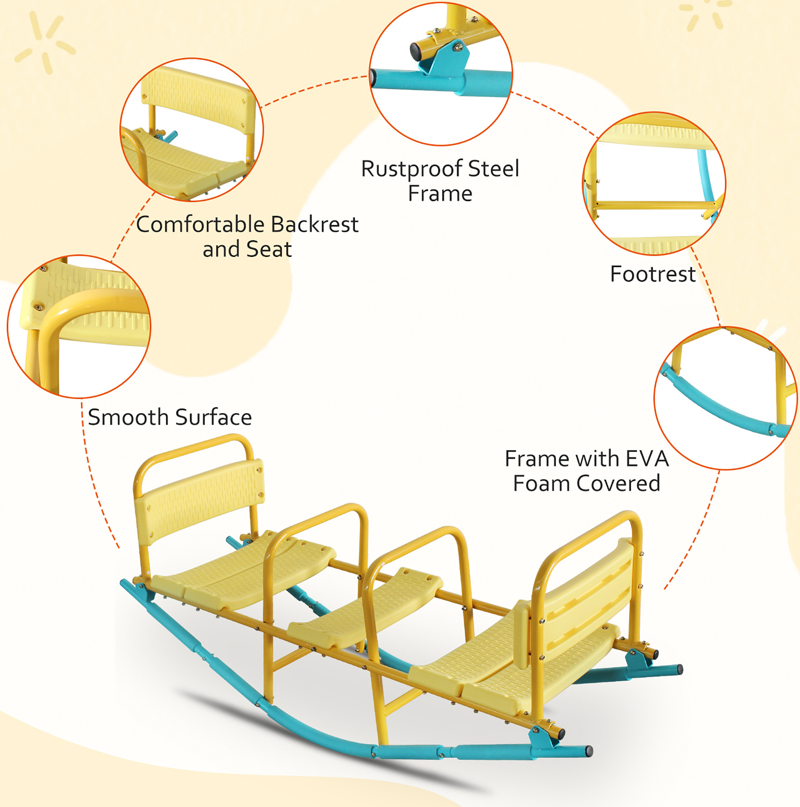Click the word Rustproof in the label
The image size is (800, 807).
click(411, 169)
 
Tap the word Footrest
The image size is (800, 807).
click(653, 274)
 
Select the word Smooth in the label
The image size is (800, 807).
click(128, 417)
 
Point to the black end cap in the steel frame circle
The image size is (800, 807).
click(415, 52)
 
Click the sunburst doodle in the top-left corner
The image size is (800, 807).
click(45, 42)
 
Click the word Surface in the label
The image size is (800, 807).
click(214, 417)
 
